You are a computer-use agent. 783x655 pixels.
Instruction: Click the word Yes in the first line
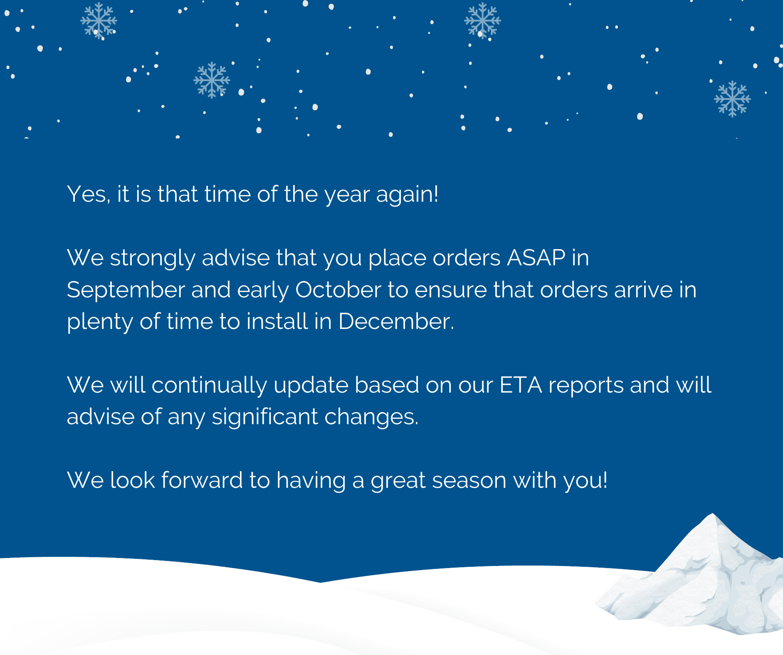point(89,194)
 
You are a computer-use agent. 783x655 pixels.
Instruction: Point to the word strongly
point(152,259)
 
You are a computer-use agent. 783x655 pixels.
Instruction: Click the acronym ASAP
point(536,258)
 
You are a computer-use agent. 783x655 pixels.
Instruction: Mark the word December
point(396,321)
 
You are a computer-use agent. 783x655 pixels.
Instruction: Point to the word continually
point(209,386)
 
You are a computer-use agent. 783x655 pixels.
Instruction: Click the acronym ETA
point(521,385)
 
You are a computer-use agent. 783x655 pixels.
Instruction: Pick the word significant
point(265,418)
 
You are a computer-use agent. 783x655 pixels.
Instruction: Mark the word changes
point(371,418)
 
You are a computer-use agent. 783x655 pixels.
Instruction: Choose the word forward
point(202,480)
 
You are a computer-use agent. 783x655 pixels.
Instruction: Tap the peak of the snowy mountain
point(712,514)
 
